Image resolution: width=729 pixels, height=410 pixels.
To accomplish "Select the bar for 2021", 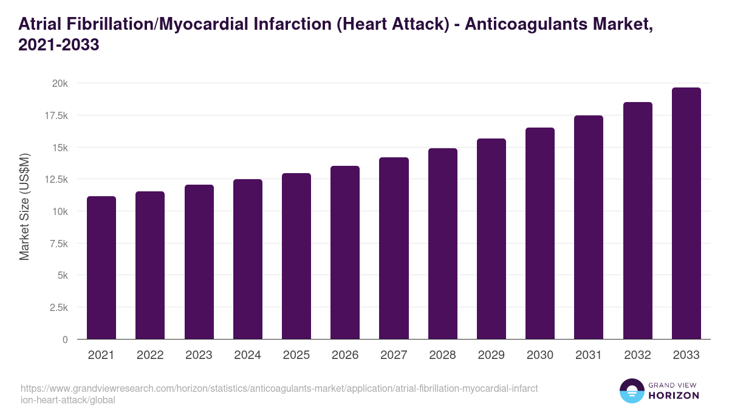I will click(101, 268).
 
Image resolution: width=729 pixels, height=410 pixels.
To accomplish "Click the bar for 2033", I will click(686, 213).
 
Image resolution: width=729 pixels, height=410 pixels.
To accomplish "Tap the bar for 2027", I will click(394, 248).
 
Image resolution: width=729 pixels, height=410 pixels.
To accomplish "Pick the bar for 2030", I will click(540, 233).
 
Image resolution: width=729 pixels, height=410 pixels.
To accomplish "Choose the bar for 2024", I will click(248, 259).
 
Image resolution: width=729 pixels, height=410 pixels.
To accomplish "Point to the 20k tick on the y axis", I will click(59, 83).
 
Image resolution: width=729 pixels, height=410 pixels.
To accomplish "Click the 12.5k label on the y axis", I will click(55, 179).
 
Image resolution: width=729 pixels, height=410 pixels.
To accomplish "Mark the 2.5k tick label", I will click(58, 307).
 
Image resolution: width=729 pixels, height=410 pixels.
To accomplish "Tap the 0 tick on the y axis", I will click(64, 340).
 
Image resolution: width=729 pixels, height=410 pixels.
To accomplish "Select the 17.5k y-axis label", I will click(55, 115).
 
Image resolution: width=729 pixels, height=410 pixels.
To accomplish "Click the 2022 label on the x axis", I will click(150, 355).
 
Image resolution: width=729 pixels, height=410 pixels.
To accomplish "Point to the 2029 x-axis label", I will click(491, 355).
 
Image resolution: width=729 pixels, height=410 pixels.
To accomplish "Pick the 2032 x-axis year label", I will click(637, 355).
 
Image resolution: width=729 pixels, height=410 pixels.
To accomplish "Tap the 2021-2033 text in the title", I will click(59, 46).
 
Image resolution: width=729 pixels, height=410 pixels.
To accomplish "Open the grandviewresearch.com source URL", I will click(279, 394).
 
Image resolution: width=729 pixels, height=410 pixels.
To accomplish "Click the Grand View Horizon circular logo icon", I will click(631, 391).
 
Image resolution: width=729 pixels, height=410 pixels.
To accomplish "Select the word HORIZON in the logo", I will click(674, 395).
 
